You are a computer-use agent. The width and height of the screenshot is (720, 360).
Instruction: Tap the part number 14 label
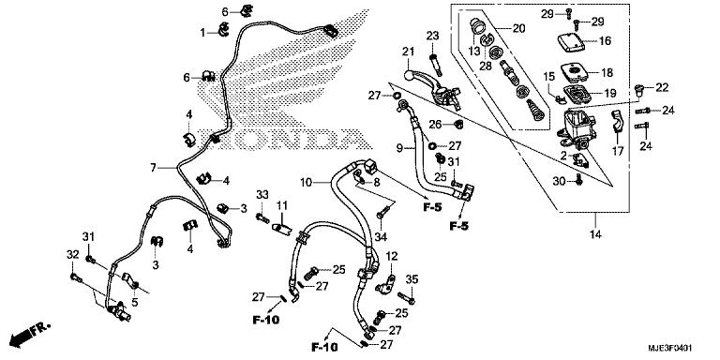[596, 234]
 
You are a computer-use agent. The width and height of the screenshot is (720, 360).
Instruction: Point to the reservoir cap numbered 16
[571, 42]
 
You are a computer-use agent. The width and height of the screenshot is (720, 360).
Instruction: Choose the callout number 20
[518, 28]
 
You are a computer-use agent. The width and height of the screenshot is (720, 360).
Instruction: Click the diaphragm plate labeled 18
[574, 71]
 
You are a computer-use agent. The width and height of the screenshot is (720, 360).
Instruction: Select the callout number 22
[662, 87]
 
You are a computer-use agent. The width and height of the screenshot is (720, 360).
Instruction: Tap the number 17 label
[618, 151]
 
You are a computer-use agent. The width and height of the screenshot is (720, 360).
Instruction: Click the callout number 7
[154, 168]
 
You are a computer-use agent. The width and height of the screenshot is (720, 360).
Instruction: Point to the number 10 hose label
[307, 183]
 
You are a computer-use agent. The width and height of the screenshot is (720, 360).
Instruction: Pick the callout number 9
[399, 148]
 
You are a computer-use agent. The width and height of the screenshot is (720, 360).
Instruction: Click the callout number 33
[262, 195]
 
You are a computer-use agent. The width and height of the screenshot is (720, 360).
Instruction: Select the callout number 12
[392, 256]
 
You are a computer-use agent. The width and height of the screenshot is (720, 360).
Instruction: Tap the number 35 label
[412, 279]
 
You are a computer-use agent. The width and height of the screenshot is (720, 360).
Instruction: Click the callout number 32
[72, 254]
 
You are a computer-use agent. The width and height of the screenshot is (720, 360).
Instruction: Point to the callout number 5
[135, 303]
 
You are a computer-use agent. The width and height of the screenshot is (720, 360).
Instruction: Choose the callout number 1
[202, 33]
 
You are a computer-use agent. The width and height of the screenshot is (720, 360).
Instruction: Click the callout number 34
[381, 237]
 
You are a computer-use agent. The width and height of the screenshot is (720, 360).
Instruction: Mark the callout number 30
[559, 182]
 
